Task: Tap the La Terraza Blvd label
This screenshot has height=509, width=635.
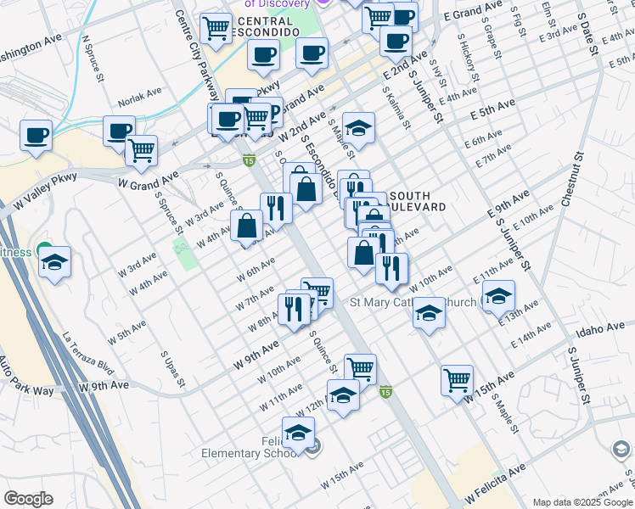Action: point(87,354)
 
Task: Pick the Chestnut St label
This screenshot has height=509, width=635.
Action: point(572,180)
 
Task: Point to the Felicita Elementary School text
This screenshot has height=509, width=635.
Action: point(249,447)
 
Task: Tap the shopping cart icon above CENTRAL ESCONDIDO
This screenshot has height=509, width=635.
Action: point(216,28)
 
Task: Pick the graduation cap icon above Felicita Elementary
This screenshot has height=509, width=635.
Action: point(298,433)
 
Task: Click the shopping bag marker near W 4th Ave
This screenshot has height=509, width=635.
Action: point(246,226)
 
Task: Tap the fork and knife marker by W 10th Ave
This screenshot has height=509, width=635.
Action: point(391,268)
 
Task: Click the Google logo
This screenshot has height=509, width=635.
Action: point(29,499)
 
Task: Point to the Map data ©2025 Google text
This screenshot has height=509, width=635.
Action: point(582,502)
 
